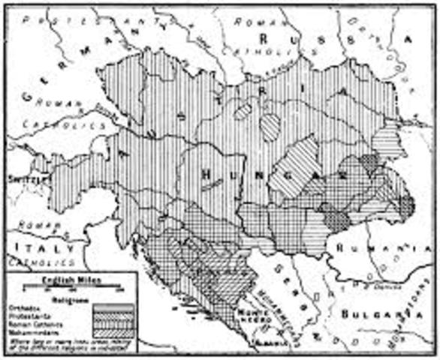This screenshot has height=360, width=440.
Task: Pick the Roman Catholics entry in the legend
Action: click(34, 317)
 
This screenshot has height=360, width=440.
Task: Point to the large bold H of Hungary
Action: click(206, 175)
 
